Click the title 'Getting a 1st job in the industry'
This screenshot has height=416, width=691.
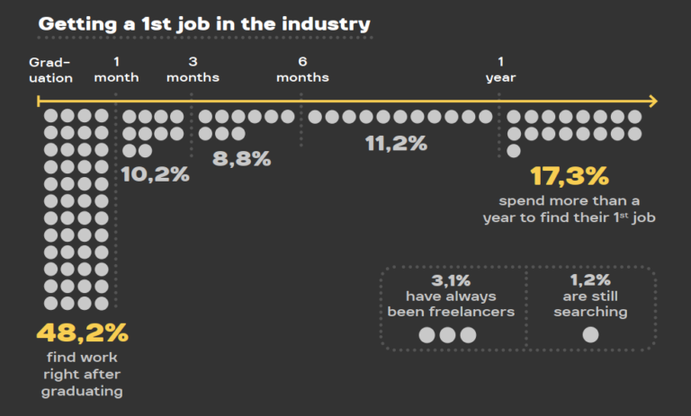coord(204,23)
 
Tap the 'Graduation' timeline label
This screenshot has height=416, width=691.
coord(50,70)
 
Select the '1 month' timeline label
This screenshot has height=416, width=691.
coord(117,70)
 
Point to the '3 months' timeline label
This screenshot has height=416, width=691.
coord(193,70)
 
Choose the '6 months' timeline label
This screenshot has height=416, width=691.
coord(302,70)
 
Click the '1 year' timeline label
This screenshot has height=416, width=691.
coord(501,70)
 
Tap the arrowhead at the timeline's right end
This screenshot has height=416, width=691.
coord(652,102)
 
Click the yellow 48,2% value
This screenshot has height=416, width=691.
coord(82,332)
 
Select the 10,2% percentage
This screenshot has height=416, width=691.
coord(155,174)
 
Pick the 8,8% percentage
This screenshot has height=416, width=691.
coord(241,159)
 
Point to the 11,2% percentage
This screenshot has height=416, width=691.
coord(396,144)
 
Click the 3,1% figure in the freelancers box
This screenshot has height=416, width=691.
coord(450,279)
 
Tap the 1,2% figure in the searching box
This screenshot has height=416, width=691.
coord(590,279)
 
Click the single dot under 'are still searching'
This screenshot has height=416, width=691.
coord(590,335)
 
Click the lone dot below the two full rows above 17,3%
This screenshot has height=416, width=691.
coord(514,150)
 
